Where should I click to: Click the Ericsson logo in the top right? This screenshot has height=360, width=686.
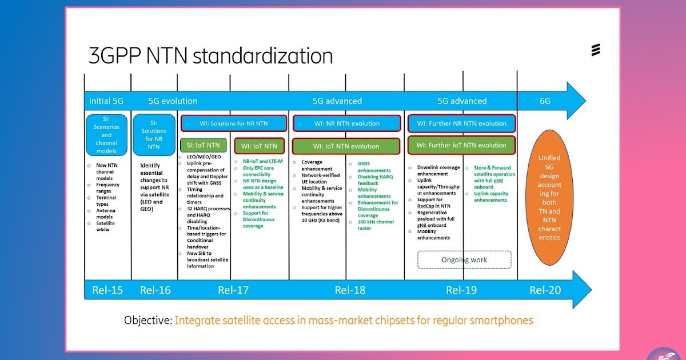click(x=596, y=50)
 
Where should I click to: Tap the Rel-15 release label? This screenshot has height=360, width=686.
click(x=107, y=290)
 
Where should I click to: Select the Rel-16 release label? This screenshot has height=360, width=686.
click(x=155, y=290)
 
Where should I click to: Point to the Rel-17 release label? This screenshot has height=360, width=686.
click(x=233, y=290)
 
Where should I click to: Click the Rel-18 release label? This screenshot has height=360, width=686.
click(x=350, y=290)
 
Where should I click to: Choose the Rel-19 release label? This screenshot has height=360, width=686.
click(x=461, y=290)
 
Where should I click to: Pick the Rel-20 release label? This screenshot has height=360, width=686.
click(x=545, y=290)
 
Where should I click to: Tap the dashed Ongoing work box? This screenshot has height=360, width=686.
click(x=464, y=259)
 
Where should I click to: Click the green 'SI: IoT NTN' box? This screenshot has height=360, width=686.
click(x=204, y=145)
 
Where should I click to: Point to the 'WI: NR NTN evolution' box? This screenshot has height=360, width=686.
click(x=346, y=123)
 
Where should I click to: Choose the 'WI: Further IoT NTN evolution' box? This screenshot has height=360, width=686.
click(x=461, y=145)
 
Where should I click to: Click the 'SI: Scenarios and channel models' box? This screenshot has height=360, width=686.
click(x=106, y=135)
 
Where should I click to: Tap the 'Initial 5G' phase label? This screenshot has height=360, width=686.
click(x=106, y=101)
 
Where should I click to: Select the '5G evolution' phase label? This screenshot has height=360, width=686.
click(x=173, y=101)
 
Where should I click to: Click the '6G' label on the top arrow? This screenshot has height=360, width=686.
click(x=545, y=101)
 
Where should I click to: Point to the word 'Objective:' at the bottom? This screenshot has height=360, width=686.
click(x=148, y=321)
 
